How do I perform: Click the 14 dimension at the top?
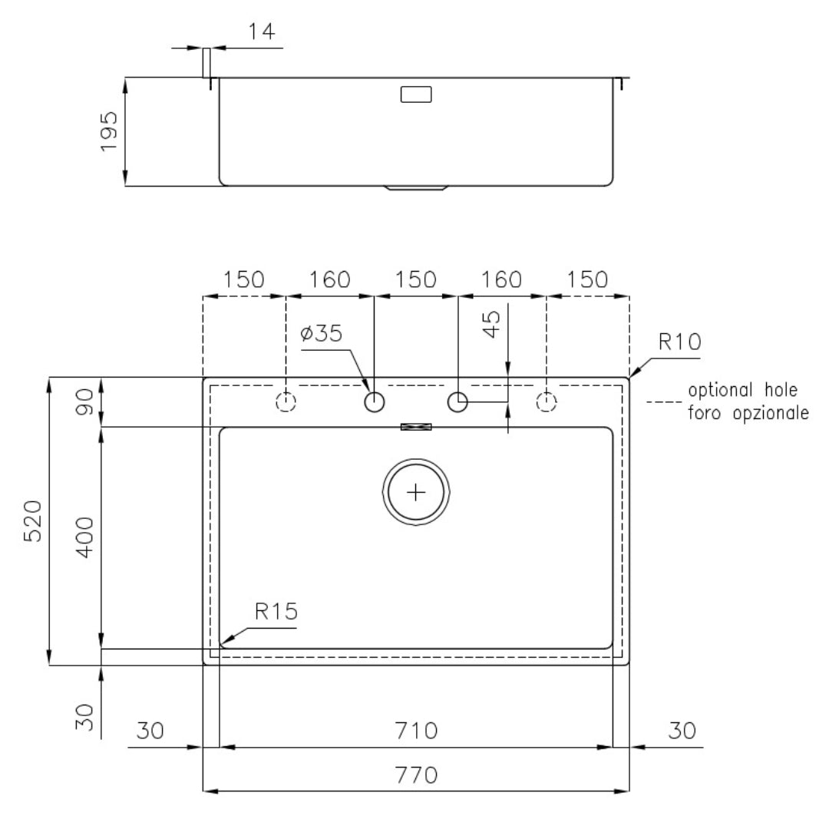(x=262, y=31)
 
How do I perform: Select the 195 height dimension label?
(x=109, y=131)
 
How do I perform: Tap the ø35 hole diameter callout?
(x=322, y=334)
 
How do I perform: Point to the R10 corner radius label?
(x=679, y=342)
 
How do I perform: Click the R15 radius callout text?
(x=276, y=612)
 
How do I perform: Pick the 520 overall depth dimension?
(x=33, y=520)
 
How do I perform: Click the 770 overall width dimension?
(x=417, y=775)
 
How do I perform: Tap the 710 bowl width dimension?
(x=417, y=732)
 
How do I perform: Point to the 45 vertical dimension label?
(x=492, y=324)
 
